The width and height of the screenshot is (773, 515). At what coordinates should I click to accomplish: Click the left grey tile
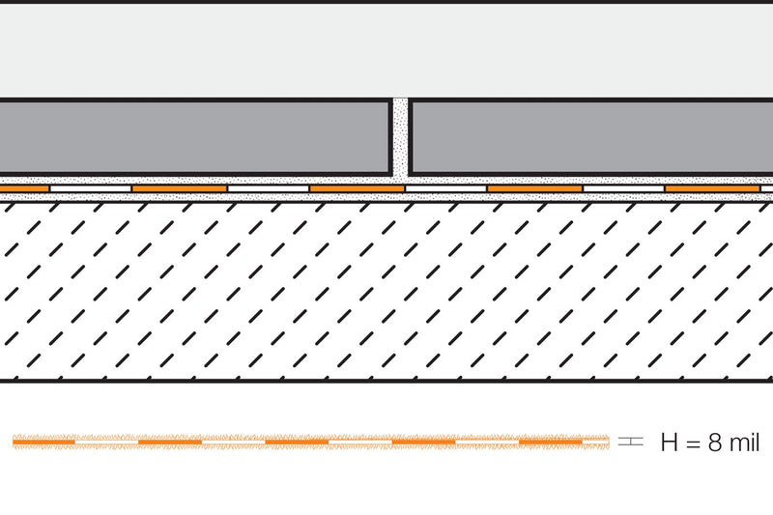(x=195, y=137)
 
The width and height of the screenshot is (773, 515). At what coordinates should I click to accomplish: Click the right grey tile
(x=590, y=137)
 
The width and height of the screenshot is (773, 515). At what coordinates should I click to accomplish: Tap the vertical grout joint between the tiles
(x=401, y=138)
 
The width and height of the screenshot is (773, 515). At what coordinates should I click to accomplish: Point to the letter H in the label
(x=670, y=443)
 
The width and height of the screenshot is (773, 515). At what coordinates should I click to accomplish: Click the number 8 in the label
(x=715, y=443)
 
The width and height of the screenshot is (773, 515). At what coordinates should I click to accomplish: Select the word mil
(x=744, y=442)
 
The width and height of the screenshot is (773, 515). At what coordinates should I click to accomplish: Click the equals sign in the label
(x=693, y=443)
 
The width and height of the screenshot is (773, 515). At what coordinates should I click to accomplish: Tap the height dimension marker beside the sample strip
(x=631, y=441)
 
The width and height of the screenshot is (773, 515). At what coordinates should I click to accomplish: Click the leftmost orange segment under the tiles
(x=24, y=188)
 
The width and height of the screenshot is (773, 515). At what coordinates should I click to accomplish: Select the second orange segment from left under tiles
(x=180, y=188)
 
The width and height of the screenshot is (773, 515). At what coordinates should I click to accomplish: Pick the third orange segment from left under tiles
(x=357, y=188)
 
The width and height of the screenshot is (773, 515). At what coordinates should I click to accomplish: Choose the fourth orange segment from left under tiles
(x=534, y=188)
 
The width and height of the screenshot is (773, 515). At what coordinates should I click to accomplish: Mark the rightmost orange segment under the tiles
(x=712, y=188)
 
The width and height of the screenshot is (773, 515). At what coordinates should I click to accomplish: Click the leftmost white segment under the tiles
(x=91, y=188)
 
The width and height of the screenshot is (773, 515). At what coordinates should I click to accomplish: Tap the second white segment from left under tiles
(x=269, y=188)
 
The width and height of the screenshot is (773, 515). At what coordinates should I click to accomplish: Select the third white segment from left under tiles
(x=445, y=188)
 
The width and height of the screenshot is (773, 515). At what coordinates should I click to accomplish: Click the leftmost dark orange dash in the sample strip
(x=43, y=443)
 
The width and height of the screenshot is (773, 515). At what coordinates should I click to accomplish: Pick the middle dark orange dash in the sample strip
(x=297, y=443)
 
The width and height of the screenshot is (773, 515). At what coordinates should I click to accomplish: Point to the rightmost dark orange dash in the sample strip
(x=551, y=443)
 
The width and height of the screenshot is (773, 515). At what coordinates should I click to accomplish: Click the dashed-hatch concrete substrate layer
(x=386, y=291)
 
